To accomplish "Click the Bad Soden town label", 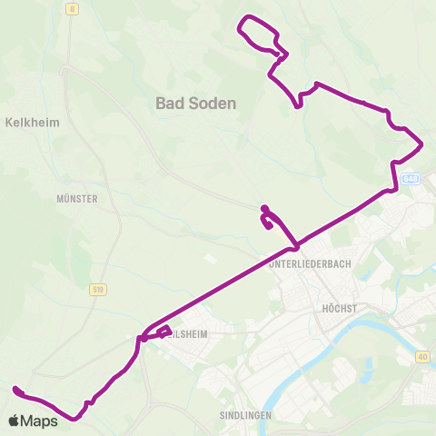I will pyautogui.click(x=195, y=104).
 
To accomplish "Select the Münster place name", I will pyautogui.click(x=76, y=197).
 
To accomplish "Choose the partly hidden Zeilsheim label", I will pyautogui.click(x=189, y=333).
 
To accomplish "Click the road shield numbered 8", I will pyautogui.click(x=72, y=7).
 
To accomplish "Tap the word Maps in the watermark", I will pyautogui.click(x=40, y=421).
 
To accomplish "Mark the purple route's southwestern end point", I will pyautogui.click(x=15, y=390).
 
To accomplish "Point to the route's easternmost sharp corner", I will pyautogui.click(x=422, y=144).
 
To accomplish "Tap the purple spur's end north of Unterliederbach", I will pyautogui.click(x=263, y=208).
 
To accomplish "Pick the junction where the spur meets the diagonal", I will pyautogui.click(x=294, y=248).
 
